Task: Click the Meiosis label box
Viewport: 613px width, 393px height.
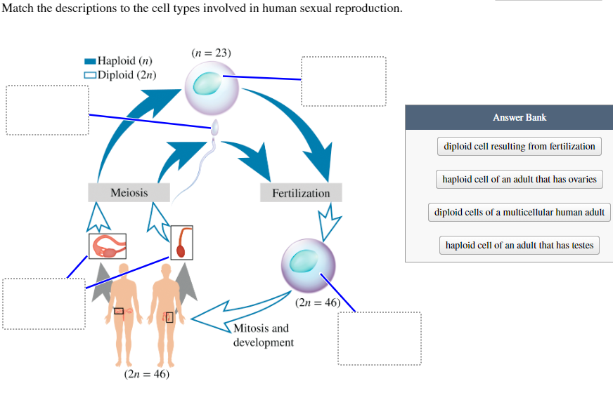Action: (x=129, y=192)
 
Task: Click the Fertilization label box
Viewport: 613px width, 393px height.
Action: (x=301, y=193)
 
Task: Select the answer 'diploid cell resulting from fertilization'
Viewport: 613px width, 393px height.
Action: (x=520, y=147)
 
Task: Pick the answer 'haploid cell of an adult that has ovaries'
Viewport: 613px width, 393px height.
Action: (x=520, y=180)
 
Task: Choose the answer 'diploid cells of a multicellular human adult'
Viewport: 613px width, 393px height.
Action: (x=520, y=212)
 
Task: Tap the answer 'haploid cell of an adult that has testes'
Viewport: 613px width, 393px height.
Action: (x=520, y=246)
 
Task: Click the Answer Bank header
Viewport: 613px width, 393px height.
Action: (x=520, y=117)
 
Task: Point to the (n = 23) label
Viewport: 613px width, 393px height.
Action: (x=211, y=53)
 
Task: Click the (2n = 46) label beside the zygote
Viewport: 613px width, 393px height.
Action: (x=318, y=303)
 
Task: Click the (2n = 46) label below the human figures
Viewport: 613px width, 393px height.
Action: (x=146, y=374)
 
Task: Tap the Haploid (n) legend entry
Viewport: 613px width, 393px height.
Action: (x=120, y=61)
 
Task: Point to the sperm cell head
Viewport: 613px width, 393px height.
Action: (x=216, y=127)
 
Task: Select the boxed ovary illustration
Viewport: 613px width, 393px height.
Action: (x=107, y=246)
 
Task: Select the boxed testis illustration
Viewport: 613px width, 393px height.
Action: (x=181, y=241)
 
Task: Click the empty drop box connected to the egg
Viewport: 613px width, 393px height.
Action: (x=344, y=81)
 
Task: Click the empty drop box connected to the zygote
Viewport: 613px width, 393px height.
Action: (x=380, y=338)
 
